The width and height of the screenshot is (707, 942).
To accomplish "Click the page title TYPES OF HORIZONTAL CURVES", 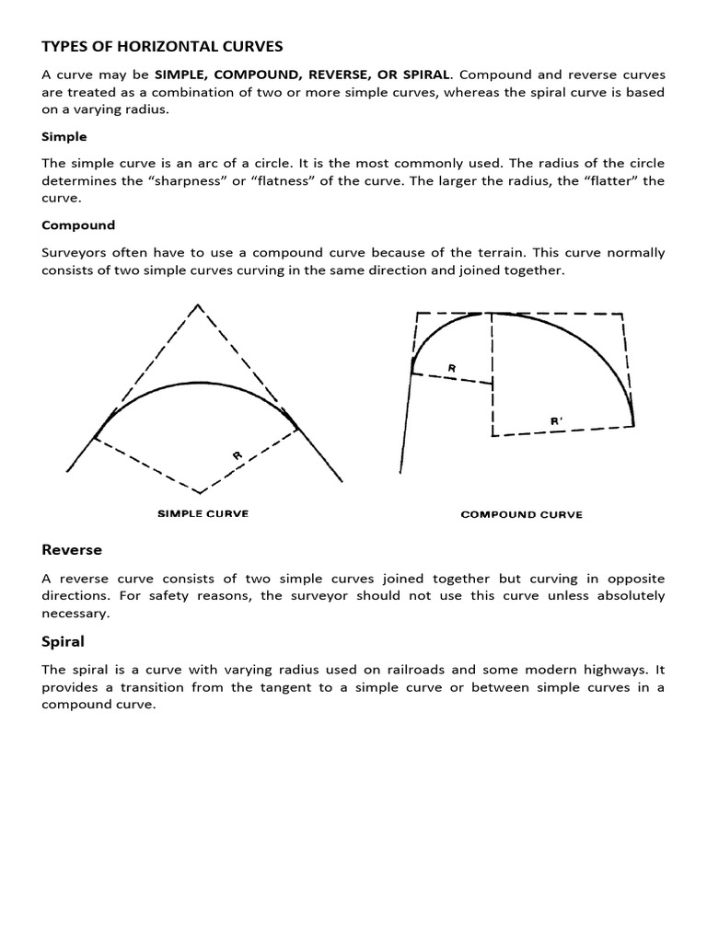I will (x=162, y=46).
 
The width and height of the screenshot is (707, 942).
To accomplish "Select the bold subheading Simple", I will (x=64, y=136).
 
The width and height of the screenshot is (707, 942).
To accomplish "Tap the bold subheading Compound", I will (x=78, y=224).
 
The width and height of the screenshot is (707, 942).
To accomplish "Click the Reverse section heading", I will (x=72, y=550).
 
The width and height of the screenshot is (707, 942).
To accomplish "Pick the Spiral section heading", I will (x=63, y=640).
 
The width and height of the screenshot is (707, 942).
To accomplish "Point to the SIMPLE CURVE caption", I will (x=203, y=513).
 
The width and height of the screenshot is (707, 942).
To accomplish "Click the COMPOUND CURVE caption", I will (x=521, y=514).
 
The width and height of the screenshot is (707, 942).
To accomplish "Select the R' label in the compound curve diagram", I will (x=556, y=421).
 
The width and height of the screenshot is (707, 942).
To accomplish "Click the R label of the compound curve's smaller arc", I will (x=451, y=368).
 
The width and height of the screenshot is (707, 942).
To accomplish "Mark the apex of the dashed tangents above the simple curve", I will (x=198, y=305).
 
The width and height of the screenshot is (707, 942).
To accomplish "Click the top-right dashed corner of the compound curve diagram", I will (x=624, y=315).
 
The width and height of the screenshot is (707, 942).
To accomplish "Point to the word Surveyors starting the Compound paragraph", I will (x=75, y=252).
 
